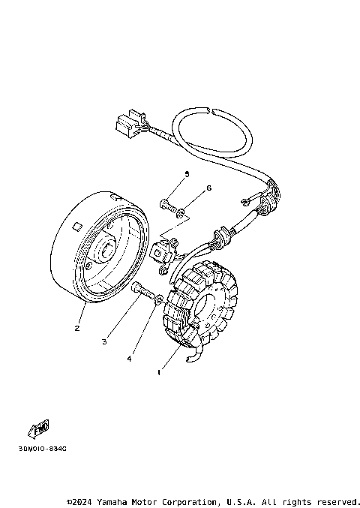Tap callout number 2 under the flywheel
[x=76, y=328]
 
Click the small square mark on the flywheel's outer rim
[x=76, y=225]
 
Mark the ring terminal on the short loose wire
[x=245, y=201]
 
